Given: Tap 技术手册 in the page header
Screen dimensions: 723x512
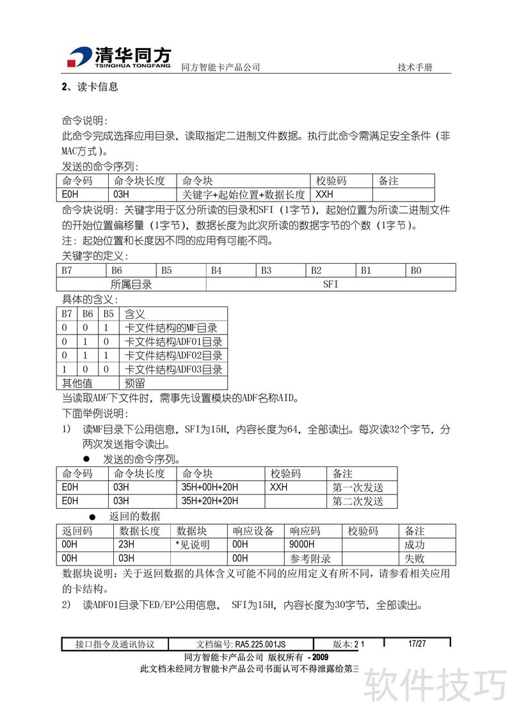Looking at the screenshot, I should click(415, 68).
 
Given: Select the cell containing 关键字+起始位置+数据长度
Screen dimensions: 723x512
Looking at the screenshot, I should click(244, 195).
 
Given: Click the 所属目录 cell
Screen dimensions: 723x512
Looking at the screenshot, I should click(131, 284).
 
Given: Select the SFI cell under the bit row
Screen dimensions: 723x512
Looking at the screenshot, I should click(331, 284).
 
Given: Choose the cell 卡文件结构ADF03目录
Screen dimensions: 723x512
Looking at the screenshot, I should click(173, 369).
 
